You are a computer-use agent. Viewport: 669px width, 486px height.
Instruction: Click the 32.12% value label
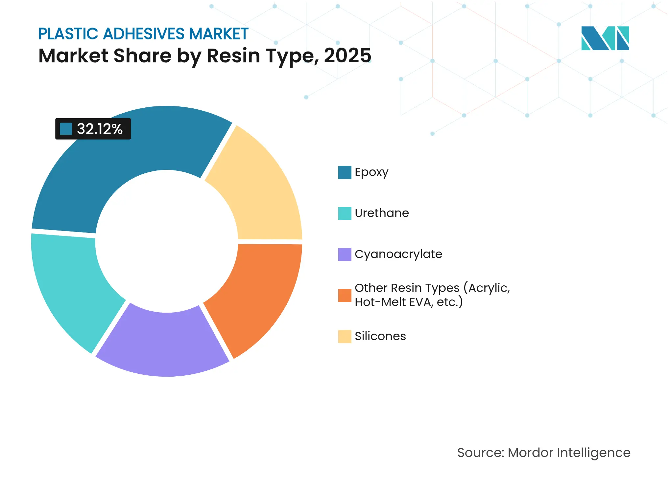(x=100, y=129)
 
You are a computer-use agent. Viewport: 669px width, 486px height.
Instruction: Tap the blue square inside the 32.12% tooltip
(x=66, y=129)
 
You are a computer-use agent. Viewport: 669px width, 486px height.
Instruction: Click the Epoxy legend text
(x=371, y=172)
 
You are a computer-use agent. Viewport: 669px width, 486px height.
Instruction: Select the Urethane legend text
(x=382, y=213)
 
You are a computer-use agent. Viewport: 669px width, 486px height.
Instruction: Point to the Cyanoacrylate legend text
(x=398, y=254)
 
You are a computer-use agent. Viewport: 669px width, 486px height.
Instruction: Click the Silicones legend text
(x=380, y=337)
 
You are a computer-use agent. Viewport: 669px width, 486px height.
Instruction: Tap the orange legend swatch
(x=345, y=296)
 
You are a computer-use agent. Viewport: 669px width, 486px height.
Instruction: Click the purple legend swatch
(x=345, y=254)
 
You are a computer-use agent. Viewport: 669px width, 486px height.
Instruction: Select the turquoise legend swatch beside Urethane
(x=345, y=213)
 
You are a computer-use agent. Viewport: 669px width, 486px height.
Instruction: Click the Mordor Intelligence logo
(x=605, y=38)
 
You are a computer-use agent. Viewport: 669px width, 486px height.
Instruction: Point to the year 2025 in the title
(x=347, y=56)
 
